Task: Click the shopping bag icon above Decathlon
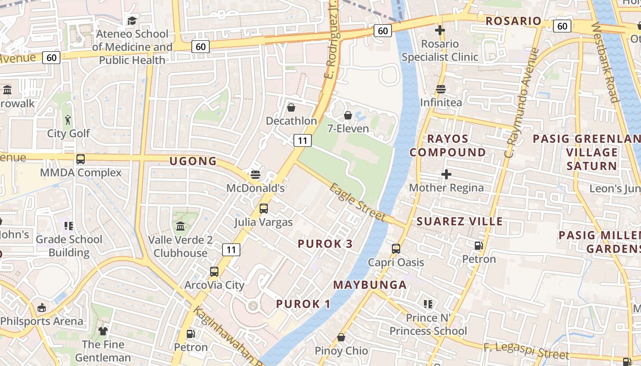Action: tap(291, 108)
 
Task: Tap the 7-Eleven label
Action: tap(348, 129)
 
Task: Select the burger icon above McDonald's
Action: tap(255, 175)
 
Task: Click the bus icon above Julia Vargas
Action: tap(264, 209)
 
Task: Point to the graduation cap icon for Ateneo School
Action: tap(132, 21)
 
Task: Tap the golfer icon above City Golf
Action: tap(68, 120)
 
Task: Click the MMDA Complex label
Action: tap(81, 173)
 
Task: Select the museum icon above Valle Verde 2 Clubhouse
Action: tap(180, 226)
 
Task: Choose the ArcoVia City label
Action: tap(214, 285)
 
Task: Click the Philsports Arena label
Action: tap(42, 321)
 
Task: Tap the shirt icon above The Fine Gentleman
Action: tap(103, 331)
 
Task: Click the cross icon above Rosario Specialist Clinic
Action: tap(440, 31)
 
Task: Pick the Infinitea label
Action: tap(441, 102)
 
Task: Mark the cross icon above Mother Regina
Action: tap(446, 174)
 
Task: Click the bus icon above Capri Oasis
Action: tap(396, 249)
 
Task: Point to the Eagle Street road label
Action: tap(358, 202)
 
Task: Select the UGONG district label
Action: tap(193, 161)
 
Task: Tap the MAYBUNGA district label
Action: tap(369, 285)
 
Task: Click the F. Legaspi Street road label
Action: tap(526, 351)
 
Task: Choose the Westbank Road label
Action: tap(605, 62)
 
